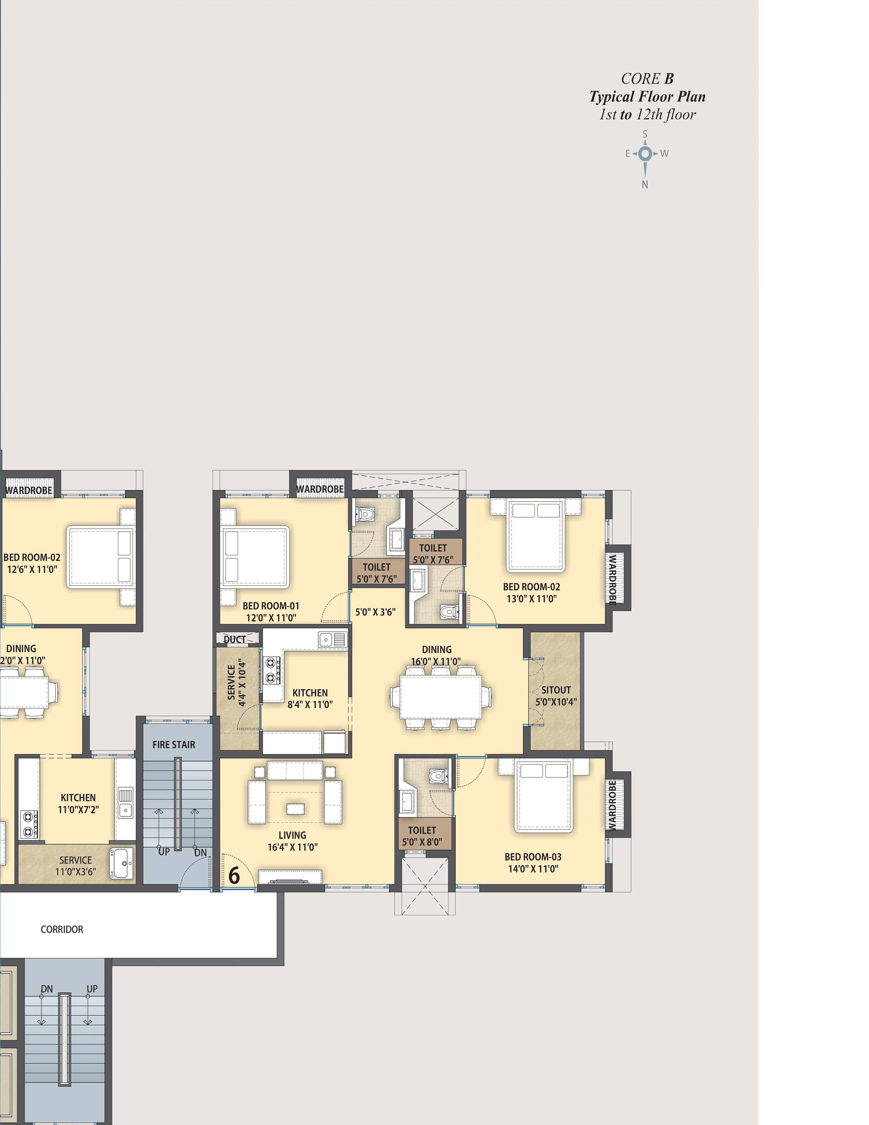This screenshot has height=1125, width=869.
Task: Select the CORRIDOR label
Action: [62, 929]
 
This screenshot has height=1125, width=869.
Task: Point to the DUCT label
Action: [235, 639]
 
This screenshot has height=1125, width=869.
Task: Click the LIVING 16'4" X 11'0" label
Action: [293, 841]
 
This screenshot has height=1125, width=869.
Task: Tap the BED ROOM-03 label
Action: [533, 863]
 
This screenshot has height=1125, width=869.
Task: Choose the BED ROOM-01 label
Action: [271, 612]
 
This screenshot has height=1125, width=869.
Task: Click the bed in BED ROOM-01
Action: [255, 557]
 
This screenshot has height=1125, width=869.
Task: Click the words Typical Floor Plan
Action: [647, 97]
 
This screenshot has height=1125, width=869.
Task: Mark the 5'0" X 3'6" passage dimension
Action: [375, 612]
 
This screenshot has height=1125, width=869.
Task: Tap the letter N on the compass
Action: [644, 184]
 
